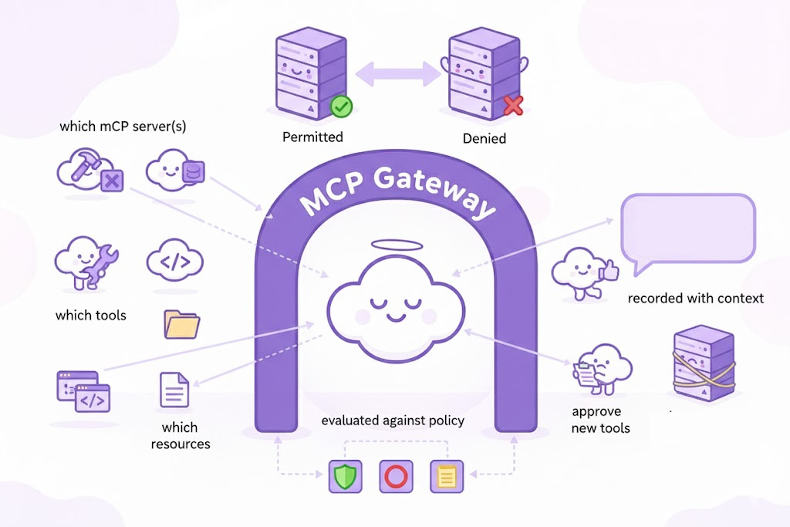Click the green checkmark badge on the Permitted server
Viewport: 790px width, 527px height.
(341, 107)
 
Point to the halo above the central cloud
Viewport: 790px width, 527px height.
(397, 247)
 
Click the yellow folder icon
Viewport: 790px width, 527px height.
(182, 324)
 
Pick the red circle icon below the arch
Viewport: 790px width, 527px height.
(393, 476)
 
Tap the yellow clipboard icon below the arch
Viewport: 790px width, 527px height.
(444, 476)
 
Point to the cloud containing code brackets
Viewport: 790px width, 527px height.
(174, 262)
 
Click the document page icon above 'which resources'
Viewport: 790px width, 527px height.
(174, 390)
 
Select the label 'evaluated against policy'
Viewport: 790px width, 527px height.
(392, 421)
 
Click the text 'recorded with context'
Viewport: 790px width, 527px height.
(695, 298)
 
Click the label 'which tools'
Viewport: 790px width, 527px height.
(90, 316)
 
